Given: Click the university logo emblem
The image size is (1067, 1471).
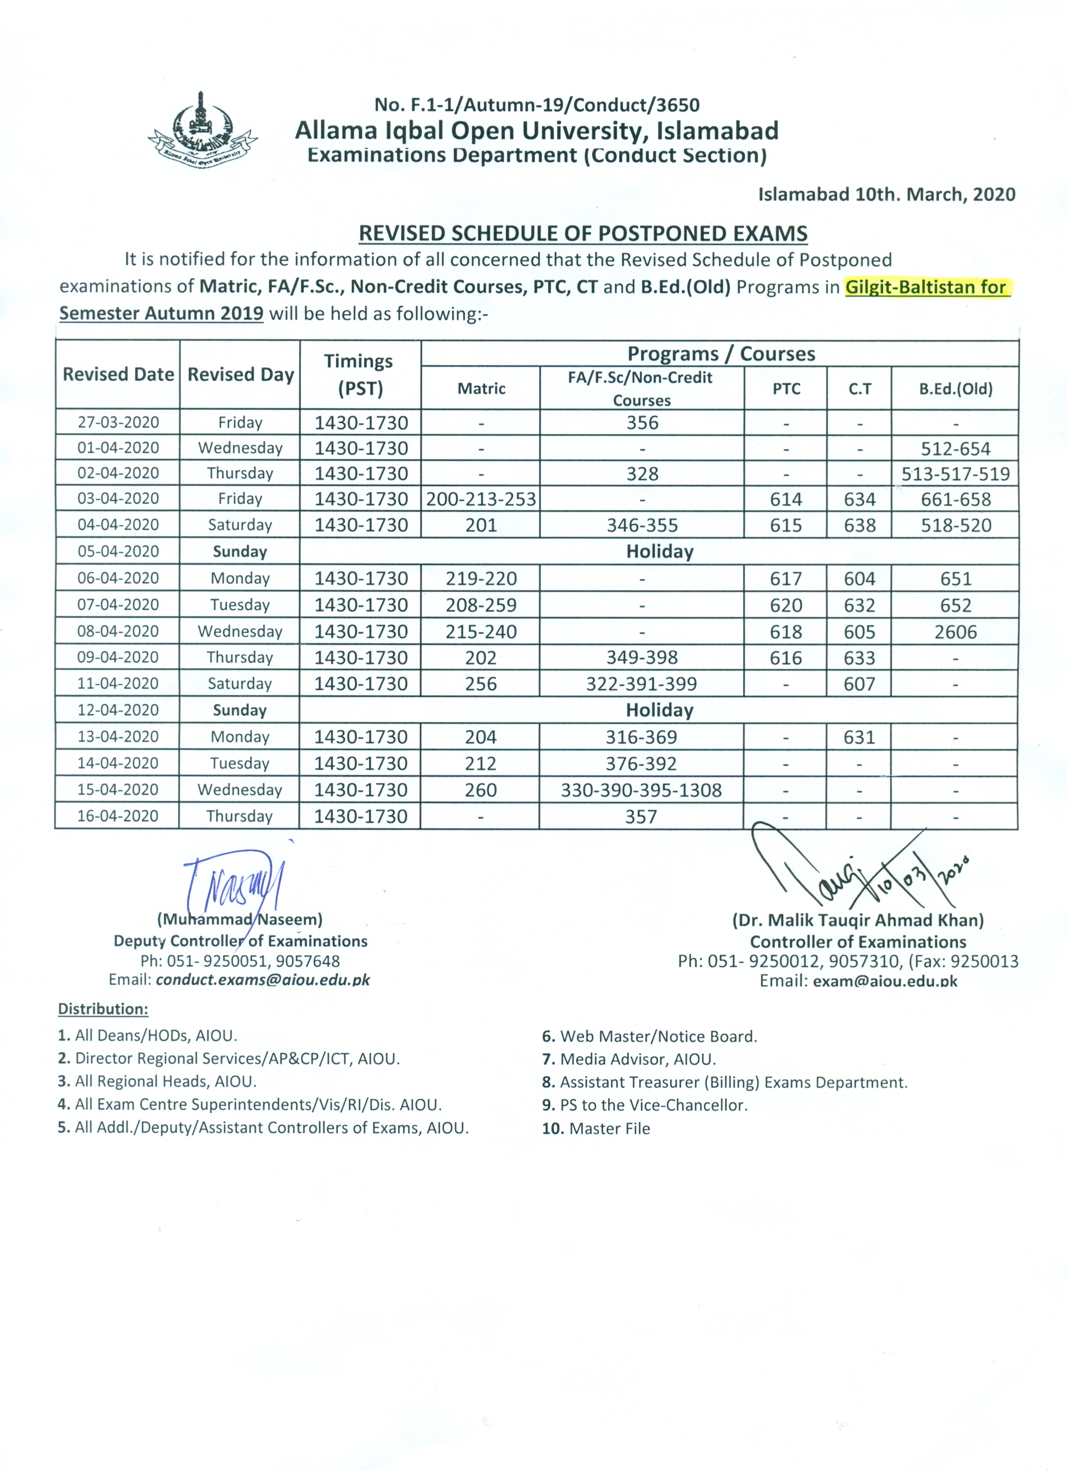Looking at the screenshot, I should tap(203, 132).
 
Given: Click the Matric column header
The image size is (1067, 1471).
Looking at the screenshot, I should tap(481, 388).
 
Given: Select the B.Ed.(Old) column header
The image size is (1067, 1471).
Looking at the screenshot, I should tap(955, 388).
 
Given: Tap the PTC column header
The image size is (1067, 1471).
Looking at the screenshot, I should tap(786, 388).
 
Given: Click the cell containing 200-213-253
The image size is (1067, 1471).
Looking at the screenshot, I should tap(481, 499).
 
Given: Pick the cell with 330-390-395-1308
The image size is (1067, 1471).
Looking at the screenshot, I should tap(641, 790).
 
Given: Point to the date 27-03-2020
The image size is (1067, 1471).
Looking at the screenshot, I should tap(118, 422).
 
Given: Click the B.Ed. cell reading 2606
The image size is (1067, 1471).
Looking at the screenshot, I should tap(955, 632).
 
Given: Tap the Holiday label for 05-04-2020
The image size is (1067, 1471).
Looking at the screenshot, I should tap(660, 551).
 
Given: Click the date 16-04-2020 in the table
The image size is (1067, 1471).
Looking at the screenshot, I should tap(118, 816).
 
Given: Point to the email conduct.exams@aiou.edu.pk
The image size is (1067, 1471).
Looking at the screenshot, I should tap(262, 979).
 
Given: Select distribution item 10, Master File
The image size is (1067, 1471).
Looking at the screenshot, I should tap(596, 1129).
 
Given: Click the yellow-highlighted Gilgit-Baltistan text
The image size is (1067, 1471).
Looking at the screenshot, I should tap(925, 288).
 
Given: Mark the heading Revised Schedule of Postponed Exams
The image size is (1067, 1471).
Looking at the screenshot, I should tap(583, 233).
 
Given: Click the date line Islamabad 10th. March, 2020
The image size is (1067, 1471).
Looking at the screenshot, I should tap(887, 194).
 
